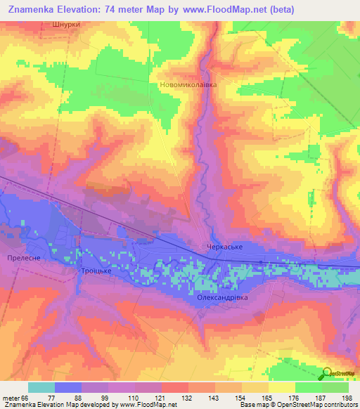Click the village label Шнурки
click(67, 24)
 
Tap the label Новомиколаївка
click(186, 84)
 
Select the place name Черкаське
click(224, 247)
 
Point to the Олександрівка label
click(222, 297)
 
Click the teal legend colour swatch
click(41, 387)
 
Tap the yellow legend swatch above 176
click(281, 387)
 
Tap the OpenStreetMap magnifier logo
click(328, 373)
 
